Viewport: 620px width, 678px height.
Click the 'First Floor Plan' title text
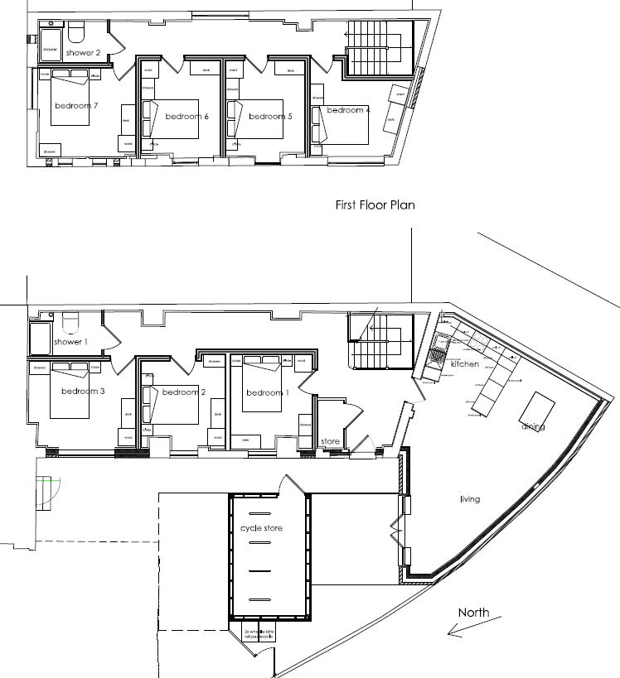375,204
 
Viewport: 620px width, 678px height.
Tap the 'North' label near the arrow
473,613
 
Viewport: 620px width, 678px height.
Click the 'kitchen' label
464,364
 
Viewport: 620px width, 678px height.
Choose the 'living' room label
470,499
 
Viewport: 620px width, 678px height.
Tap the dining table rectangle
536,407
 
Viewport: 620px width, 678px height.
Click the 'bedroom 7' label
77,106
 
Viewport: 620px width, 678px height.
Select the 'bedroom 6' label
186,117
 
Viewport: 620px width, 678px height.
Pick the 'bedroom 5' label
270,117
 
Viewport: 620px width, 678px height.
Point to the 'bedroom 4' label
348,110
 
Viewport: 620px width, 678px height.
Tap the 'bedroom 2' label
184,392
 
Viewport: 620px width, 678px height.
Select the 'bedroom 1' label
268,392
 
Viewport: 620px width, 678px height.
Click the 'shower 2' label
83,53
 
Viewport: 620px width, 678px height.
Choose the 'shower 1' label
70,341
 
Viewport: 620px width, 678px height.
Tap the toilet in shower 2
77,31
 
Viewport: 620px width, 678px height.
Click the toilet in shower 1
69,318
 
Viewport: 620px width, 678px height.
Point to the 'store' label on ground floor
331,442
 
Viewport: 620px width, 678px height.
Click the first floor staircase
378,46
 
